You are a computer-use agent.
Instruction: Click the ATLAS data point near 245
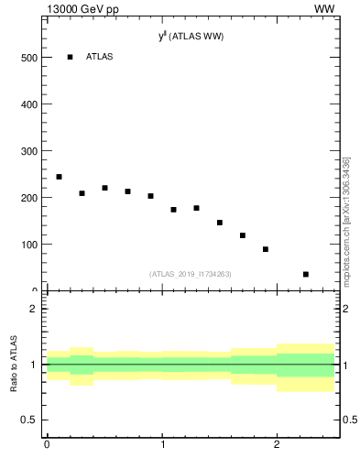coord(59,177)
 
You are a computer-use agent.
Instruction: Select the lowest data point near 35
coord(306,274)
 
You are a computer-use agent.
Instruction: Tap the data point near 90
coord(266,249)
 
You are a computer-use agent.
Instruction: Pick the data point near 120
coord(243,235)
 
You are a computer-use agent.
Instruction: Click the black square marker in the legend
coord(70,57)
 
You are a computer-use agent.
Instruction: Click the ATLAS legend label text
coord(99,57)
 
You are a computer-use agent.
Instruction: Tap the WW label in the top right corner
coord(324,9)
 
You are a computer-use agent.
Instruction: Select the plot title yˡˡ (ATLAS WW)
coord(191,37)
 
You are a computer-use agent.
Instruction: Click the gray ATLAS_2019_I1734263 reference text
coord(191,273)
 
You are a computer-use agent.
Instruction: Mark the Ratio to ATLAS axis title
coord(14,364)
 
